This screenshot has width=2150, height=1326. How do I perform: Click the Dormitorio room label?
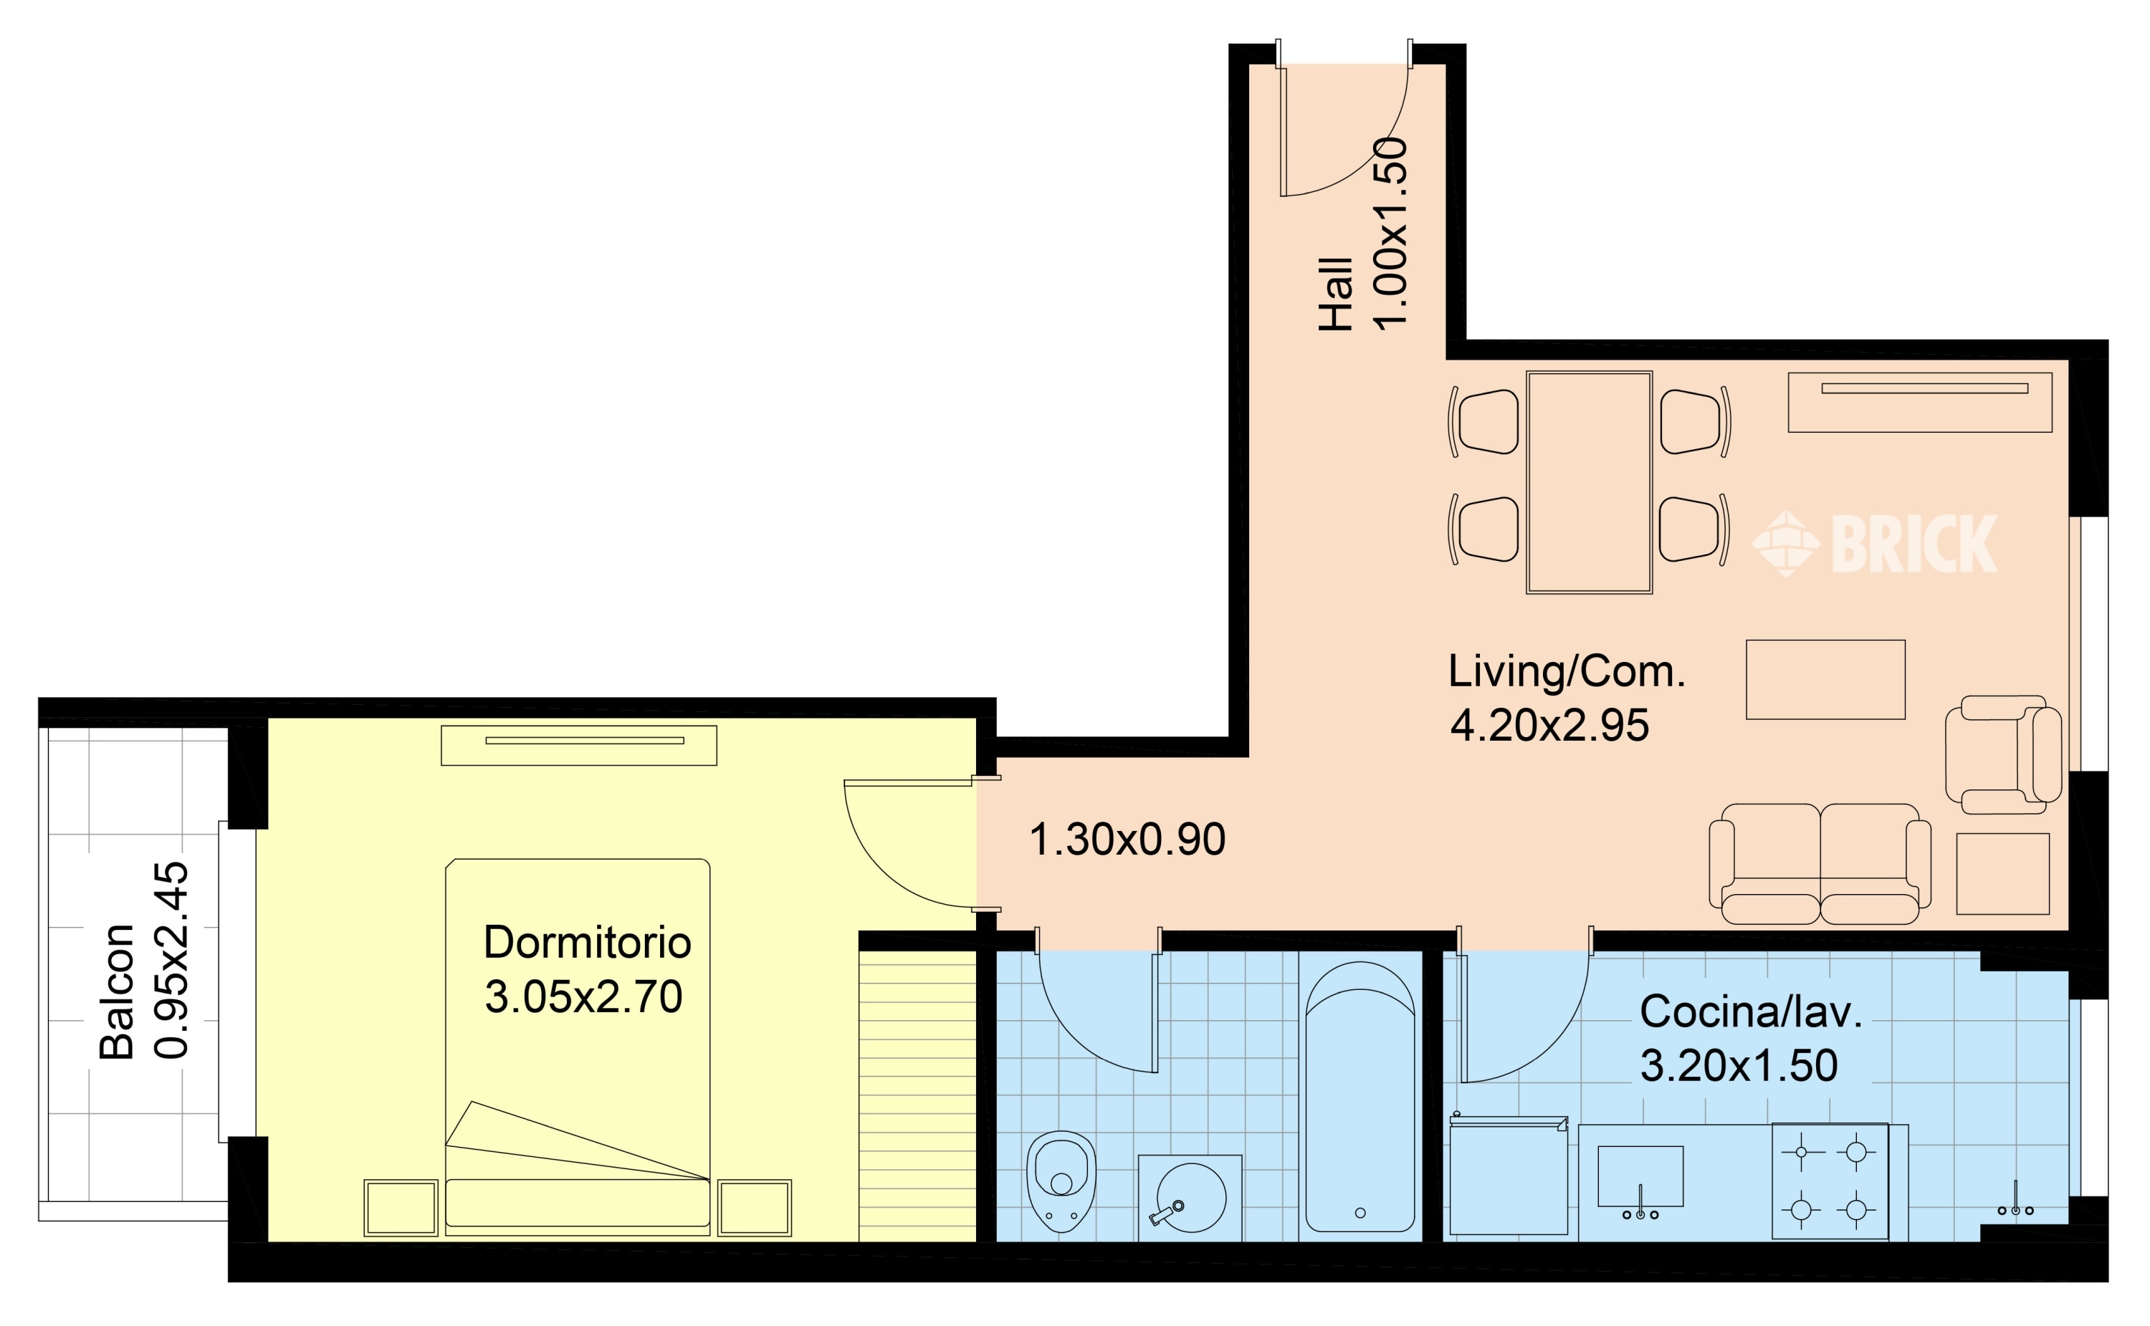587,943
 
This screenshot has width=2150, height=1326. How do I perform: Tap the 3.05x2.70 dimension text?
583,997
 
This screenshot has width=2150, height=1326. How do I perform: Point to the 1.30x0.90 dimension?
1127,840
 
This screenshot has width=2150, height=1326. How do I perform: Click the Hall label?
1336,294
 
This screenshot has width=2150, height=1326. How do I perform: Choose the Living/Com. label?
1567,673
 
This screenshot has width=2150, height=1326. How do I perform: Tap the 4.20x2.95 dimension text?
1550,726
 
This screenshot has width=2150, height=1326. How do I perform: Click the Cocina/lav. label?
1751,1012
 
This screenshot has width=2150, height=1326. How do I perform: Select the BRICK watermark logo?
1876,544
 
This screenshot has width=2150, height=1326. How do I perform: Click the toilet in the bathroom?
1061,1181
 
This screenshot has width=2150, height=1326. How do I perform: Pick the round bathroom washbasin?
1191,1197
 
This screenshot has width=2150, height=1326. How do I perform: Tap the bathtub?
1360,1097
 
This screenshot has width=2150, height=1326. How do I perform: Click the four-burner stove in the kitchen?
1830,1181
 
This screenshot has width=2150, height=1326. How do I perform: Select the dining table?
1590,482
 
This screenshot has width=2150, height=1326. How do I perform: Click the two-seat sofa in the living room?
1820,864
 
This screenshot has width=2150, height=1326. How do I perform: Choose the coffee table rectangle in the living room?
1825,680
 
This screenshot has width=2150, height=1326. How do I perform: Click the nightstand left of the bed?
401,1208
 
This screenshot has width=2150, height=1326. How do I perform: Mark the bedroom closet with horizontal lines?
917,1095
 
